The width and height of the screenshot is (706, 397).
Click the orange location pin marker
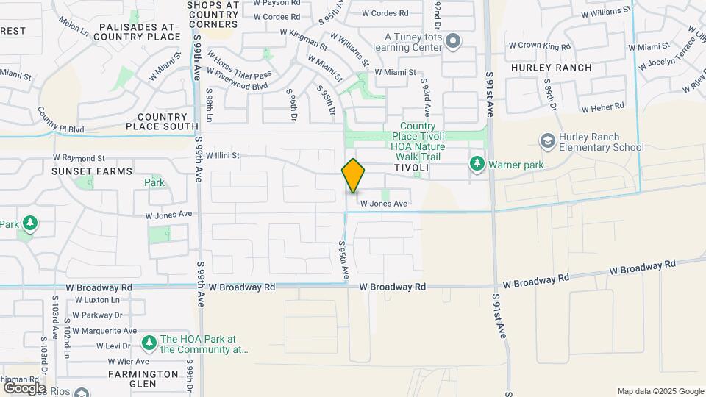coord(354,175)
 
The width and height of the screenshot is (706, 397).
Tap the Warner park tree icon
coord(477,163)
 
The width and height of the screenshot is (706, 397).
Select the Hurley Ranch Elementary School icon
coord(548,140)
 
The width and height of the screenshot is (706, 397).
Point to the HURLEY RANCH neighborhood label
coord(552,68)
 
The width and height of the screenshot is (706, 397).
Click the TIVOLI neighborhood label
coord(411,168)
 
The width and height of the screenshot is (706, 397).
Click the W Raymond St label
coord(79,158)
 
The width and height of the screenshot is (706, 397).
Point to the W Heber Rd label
coord(602,109)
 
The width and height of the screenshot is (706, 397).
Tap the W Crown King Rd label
coord(539,46)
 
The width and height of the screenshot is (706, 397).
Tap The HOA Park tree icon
coord(149,343)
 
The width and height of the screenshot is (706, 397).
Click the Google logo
coord(24,387)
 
